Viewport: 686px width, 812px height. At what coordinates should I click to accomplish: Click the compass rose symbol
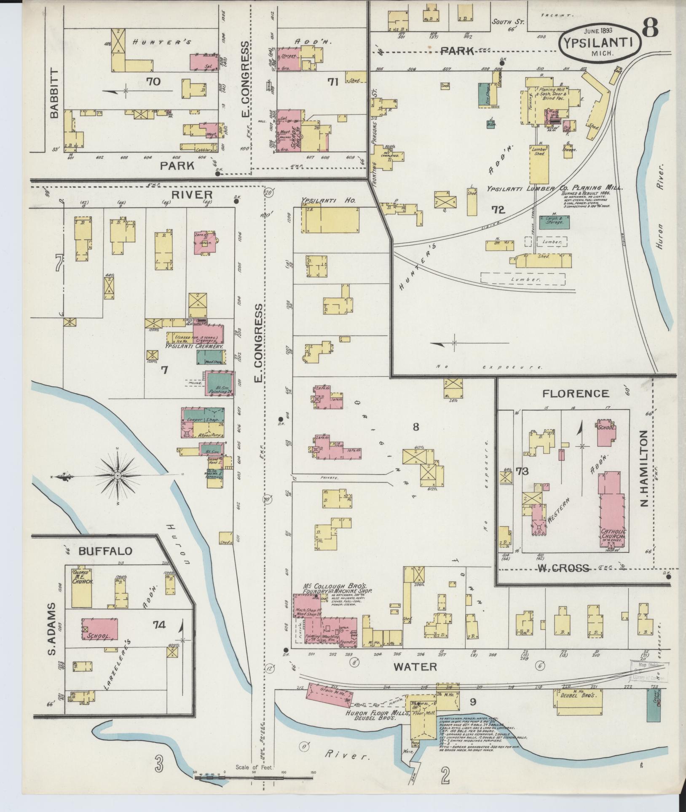coord(118,475)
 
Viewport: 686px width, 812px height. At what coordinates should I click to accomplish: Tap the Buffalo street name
coord(105,550)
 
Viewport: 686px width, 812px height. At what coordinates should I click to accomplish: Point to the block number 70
coord(153,81)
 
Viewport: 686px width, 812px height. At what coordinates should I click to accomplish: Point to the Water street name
coord(415,666)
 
